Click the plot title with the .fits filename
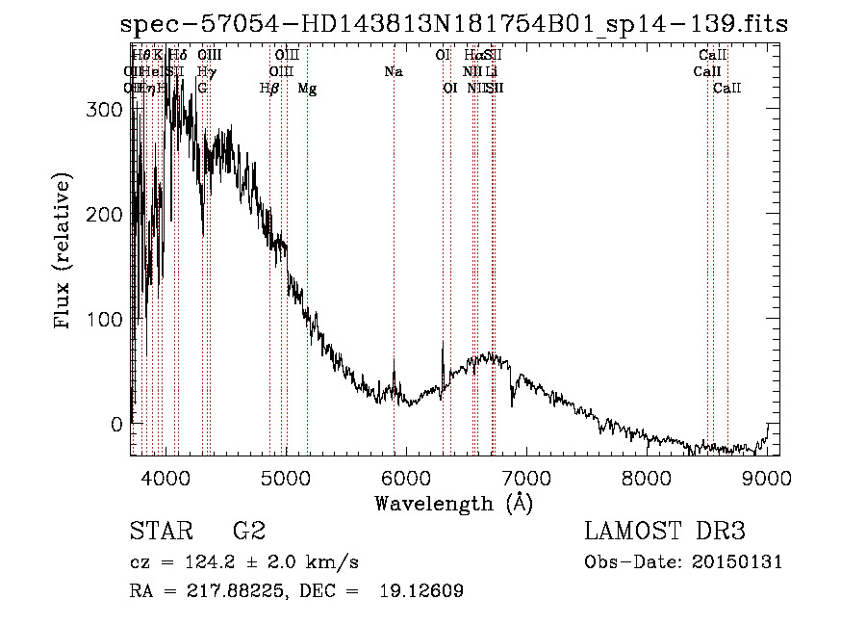click(454, 25)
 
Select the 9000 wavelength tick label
click(767, 478)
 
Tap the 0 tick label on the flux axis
click(116, 424)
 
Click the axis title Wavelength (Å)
click(453, 503)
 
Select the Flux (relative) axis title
click(64, 253)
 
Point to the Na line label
click(393, 72)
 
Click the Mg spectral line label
click(307, 89)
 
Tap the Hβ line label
click(269, 89)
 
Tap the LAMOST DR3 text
click(665, 533)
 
